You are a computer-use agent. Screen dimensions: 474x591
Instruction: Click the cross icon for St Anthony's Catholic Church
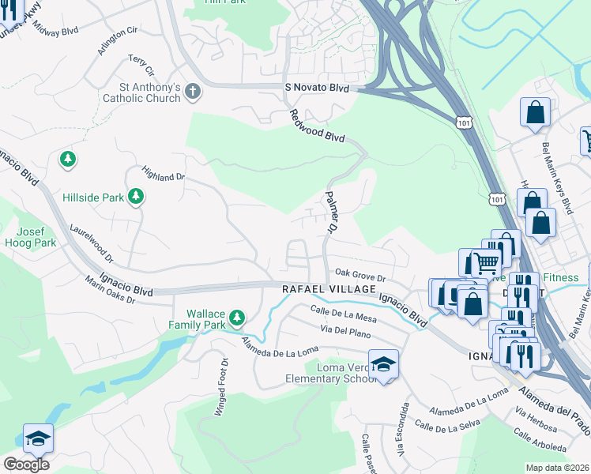click(192, 92)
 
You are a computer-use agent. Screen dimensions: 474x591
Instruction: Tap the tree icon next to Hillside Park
click(137, 196)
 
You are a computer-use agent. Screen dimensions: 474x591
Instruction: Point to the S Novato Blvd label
click(316, 89)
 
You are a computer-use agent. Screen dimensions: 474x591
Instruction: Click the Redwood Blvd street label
click(318, 126)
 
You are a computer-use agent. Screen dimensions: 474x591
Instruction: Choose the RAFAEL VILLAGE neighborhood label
click(329, 290)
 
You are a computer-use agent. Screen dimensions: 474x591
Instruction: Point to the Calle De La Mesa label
click(344, 314)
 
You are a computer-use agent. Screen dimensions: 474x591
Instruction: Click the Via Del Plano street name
click(345, 333)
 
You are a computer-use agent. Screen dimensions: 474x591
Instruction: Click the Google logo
click(26, 464)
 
